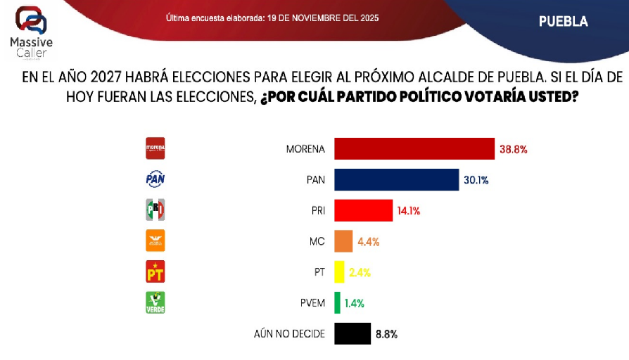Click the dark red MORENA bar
click(x=414, y=149)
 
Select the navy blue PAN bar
click(x=396, y=179)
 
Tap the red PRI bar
click(x=363, y=210)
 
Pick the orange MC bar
click(x=343, y=241)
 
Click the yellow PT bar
click(x=339, y=272)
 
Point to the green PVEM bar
click(x=337, y=303)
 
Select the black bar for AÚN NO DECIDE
click(x=352, y=334)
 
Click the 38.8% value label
click(x=513, y=149)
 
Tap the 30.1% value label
click(x=476, y=180)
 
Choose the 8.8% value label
click(x=386, y=335)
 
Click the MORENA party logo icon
click(x=154, y=148)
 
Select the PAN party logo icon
click(x=154, y=179)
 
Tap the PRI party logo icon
click(x=154, y=210)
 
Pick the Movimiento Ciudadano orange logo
click(x=154, y=240)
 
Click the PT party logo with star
click(x=154, y=271)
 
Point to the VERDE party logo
click(x=154, y=302)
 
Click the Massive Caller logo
click(x=31, y=32)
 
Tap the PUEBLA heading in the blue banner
click(x=563, y=21)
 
